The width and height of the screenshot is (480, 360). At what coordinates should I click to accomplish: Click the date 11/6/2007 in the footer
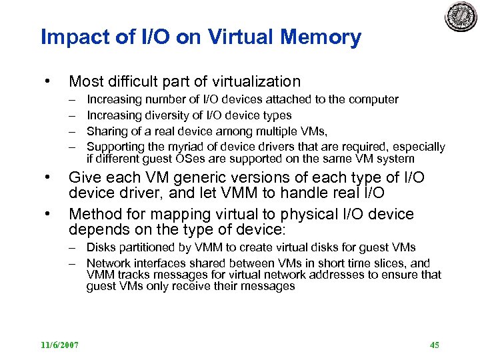point(59,345)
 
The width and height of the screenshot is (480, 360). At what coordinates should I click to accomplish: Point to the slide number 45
point(435,345)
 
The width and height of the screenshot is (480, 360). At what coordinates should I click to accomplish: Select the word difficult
point(136,82)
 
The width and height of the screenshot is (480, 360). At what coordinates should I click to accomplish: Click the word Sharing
point(107,131)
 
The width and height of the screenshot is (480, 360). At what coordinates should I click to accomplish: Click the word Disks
point(101,249)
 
